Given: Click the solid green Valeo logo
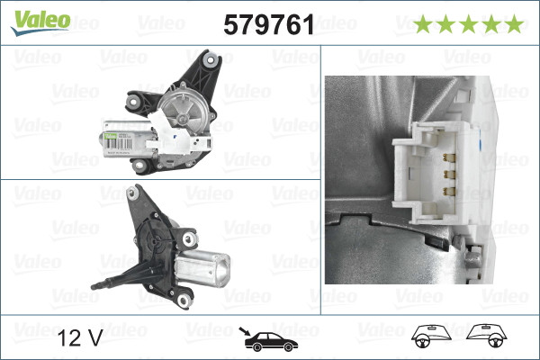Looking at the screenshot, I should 39,20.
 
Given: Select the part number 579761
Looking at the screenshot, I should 267,24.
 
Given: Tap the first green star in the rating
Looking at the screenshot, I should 421,24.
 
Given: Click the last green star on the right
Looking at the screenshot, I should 513,24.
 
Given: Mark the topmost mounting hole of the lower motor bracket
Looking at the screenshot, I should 136,191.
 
